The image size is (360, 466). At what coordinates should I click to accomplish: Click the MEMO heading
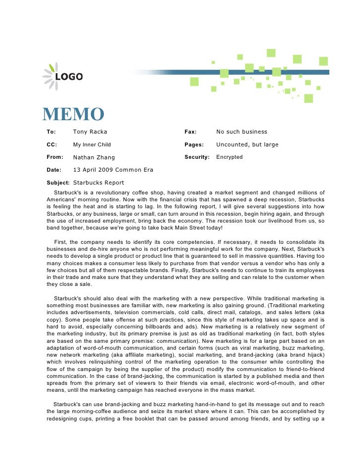(73, 115)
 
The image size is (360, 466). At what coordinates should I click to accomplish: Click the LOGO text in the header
(69, 77)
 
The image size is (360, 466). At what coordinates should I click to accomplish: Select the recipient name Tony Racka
(90, 132)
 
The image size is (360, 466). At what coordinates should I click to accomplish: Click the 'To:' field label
(51, 132)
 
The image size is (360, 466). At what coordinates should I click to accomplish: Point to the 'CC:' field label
(52, 145)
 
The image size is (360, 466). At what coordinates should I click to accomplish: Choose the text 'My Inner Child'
(92, 145)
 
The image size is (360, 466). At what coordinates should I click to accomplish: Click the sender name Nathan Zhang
(94, 157)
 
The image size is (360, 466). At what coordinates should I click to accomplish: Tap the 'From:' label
(55, 157)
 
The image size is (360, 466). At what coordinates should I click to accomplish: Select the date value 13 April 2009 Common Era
(113, 170)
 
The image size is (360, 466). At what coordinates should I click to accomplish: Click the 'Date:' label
(54, 170)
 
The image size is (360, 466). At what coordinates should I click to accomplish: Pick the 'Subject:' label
(58, 183)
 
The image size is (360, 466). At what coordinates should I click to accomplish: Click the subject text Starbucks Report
(98, 183)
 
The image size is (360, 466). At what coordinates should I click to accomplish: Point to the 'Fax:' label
(190, 132)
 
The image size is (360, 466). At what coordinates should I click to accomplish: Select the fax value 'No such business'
(241, 132)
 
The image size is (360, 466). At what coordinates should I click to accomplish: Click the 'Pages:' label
(194, 145)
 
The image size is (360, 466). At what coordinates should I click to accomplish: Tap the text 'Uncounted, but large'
(247, 145)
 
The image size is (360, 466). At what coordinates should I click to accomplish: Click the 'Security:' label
(197, 157)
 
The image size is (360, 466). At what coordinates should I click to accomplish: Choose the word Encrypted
(229, 157)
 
